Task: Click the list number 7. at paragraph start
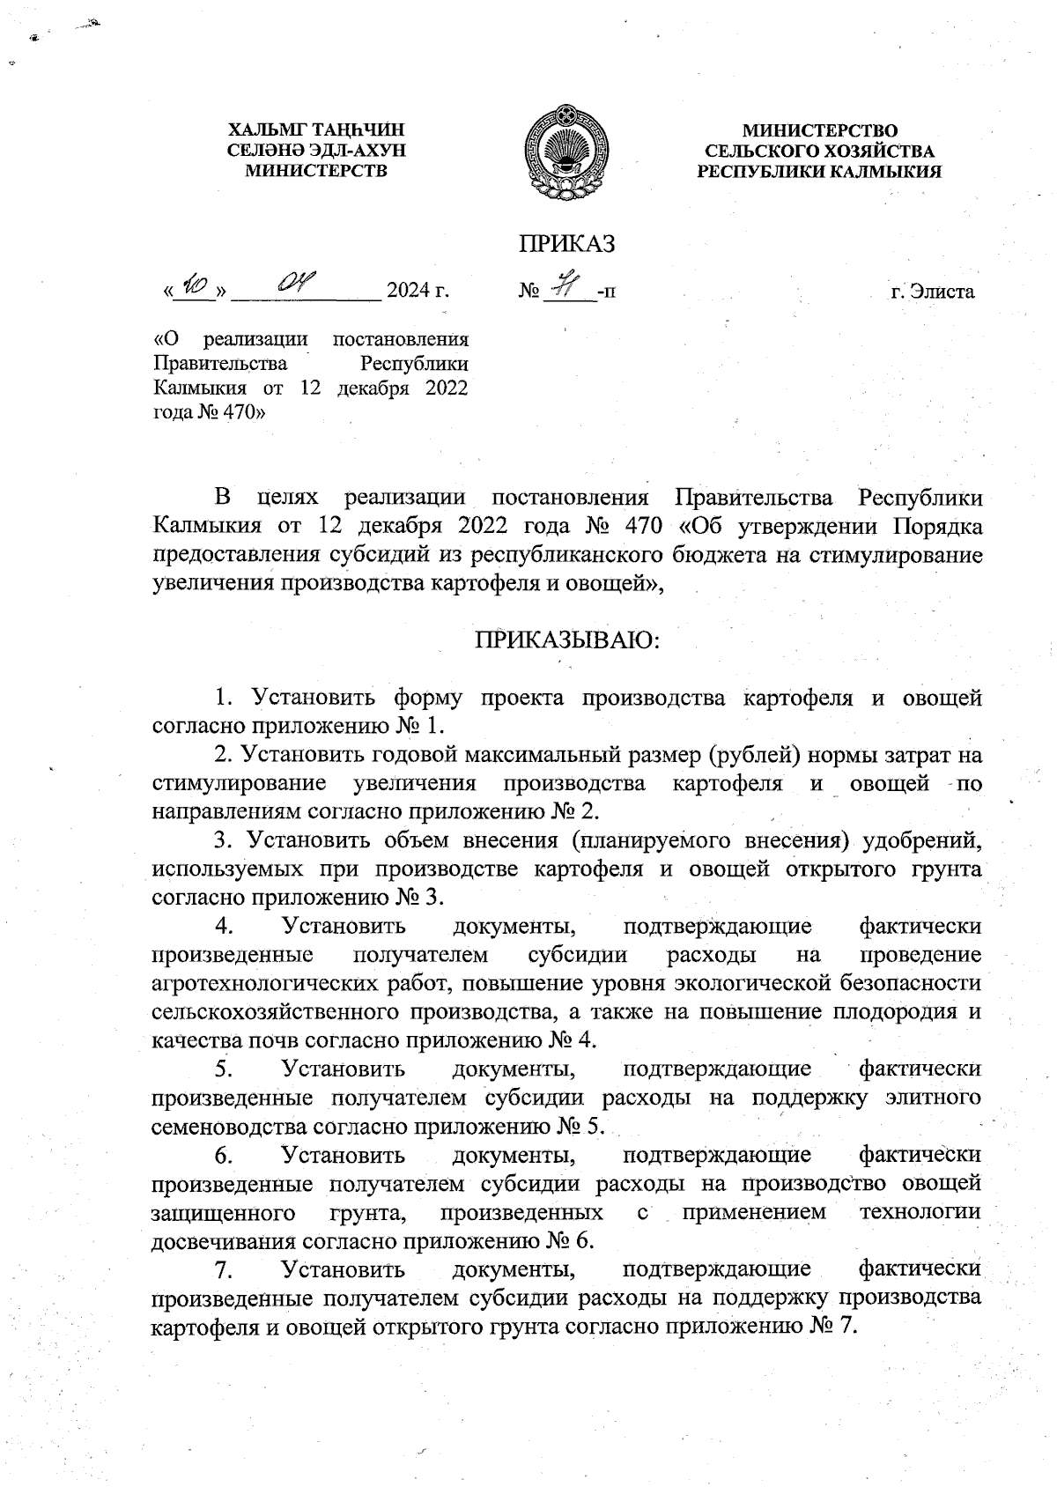click(x=223, y=1269)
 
